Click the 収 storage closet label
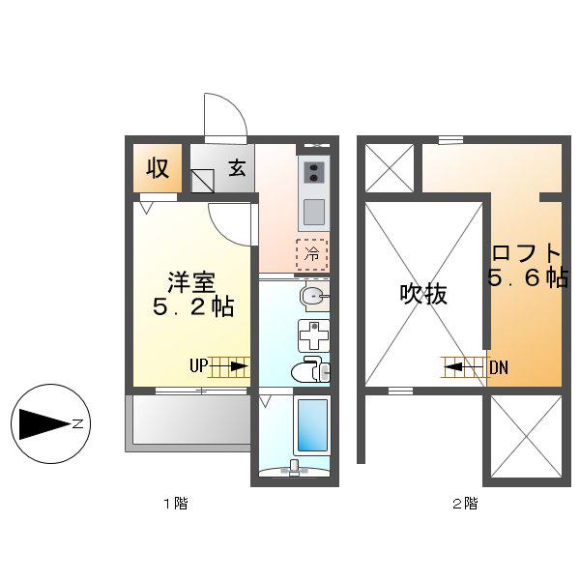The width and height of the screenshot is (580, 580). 158,168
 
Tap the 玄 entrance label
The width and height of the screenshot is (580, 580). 237,167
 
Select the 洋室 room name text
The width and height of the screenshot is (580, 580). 191,283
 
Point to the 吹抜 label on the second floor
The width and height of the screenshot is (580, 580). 423,295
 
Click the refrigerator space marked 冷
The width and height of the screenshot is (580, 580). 312,254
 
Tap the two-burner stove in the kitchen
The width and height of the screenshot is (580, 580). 314,172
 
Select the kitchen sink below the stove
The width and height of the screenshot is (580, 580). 314,213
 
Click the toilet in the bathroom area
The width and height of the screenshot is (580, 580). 311,369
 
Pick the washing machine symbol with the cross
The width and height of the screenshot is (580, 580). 313,335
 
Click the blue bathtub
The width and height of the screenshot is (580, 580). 311,426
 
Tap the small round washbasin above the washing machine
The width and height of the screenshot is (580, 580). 314,297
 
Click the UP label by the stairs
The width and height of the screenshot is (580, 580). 198,365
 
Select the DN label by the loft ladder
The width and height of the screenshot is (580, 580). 499,367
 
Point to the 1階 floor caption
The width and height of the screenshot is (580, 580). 176,503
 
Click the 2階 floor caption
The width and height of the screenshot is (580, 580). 465,503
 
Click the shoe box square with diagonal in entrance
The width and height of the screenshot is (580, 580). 203,181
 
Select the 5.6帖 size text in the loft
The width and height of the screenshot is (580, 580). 528,277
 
